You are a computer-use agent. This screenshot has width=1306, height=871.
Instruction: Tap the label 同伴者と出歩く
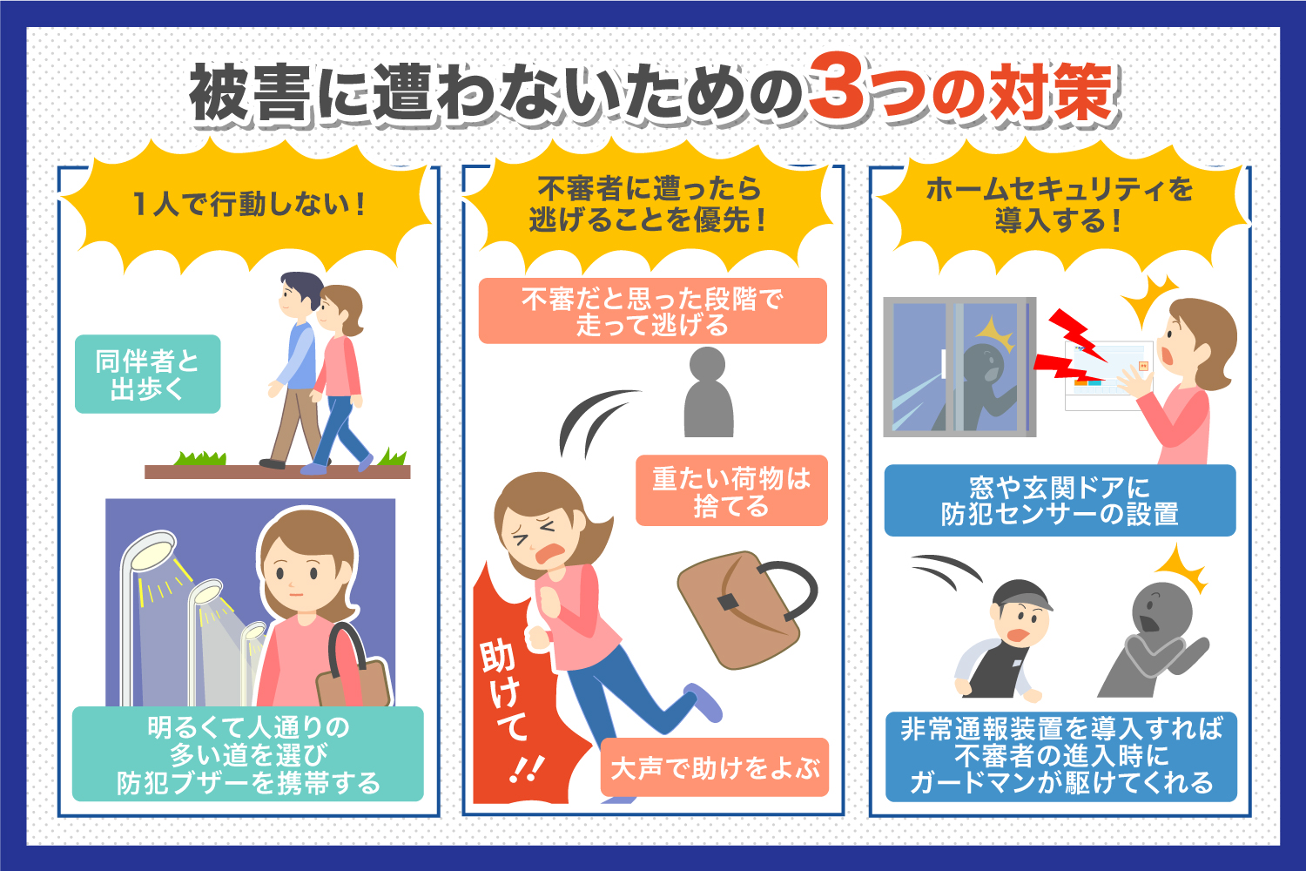[147, 374]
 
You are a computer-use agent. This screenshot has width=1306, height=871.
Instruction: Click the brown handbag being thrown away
[740, 610]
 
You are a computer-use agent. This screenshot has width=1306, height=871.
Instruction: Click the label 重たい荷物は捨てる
[731, 490]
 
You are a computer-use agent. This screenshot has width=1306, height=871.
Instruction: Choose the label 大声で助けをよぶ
[714, 768]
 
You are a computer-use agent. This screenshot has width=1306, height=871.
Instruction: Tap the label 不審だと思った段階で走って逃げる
[652, 311]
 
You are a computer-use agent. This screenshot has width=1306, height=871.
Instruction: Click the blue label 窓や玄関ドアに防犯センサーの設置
[1060, 500]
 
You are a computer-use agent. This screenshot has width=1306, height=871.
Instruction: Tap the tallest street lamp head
[148, 554]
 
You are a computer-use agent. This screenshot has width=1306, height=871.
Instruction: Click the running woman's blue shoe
[705, 701]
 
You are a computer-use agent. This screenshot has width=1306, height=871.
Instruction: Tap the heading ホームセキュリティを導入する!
[1059, 205]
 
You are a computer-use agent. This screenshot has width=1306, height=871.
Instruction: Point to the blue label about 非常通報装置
[1060, 755]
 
